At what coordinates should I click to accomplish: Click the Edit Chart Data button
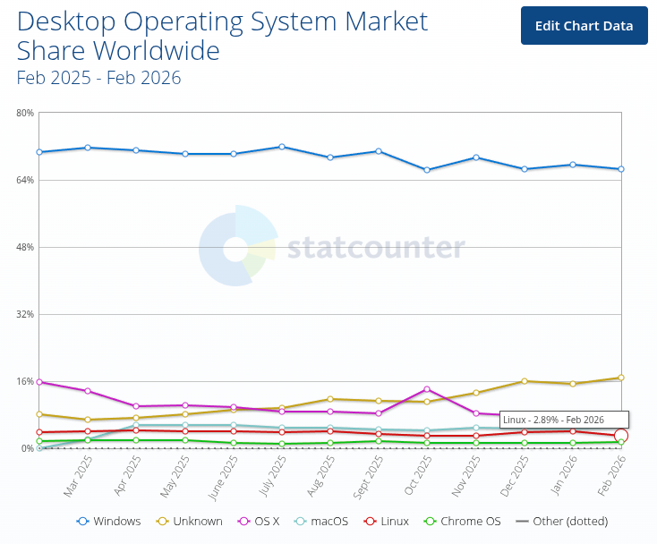(584, 25)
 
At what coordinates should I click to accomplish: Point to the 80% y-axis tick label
(24, 113)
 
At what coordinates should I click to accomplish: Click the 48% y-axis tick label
(24, 247)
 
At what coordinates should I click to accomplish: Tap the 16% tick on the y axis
(24, 381)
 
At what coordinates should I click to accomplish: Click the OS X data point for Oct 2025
(427, 389)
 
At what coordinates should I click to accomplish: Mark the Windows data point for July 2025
(282, 147)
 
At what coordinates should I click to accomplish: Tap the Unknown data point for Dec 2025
(525, 381)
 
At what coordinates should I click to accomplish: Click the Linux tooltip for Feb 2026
(564, 420)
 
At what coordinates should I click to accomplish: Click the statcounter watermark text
(376, 247)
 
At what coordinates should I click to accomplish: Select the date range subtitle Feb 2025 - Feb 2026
(98, 78)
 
